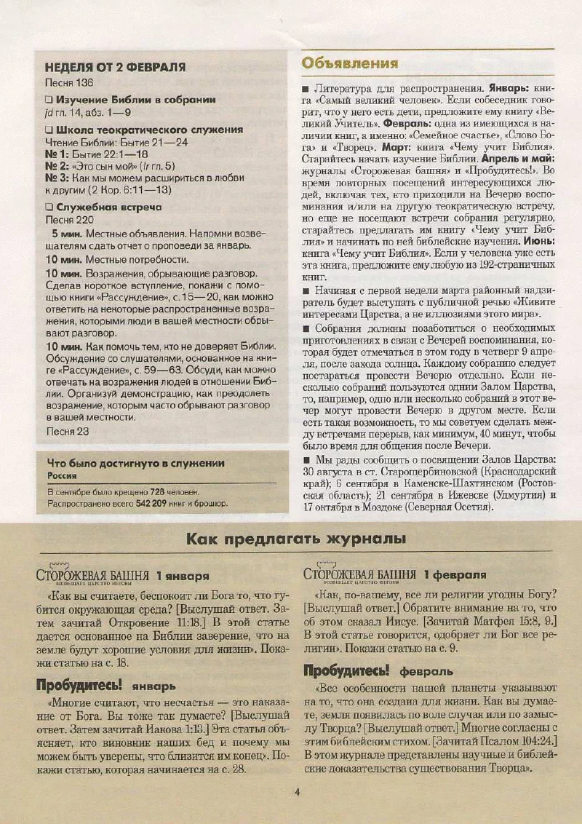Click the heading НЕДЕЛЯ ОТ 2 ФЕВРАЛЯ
115,67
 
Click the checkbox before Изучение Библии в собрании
49,100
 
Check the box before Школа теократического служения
49,130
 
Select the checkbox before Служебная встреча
49,207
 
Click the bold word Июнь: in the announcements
539,239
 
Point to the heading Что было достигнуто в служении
135,462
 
